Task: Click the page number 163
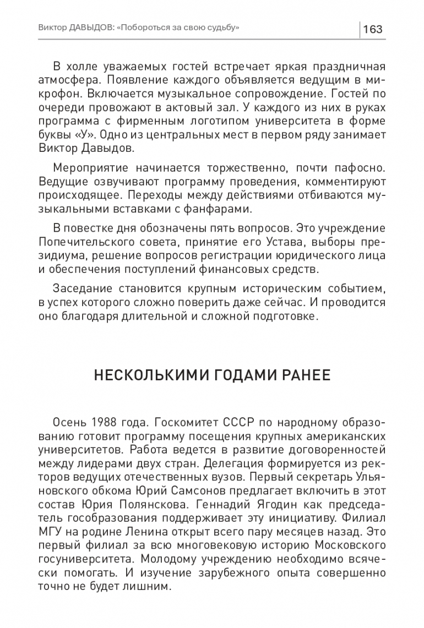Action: tap(373, 29)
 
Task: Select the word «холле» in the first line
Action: tap(82, 67)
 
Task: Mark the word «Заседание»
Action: tap(81, 290)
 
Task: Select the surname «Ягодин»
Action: tap(275, 503)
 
